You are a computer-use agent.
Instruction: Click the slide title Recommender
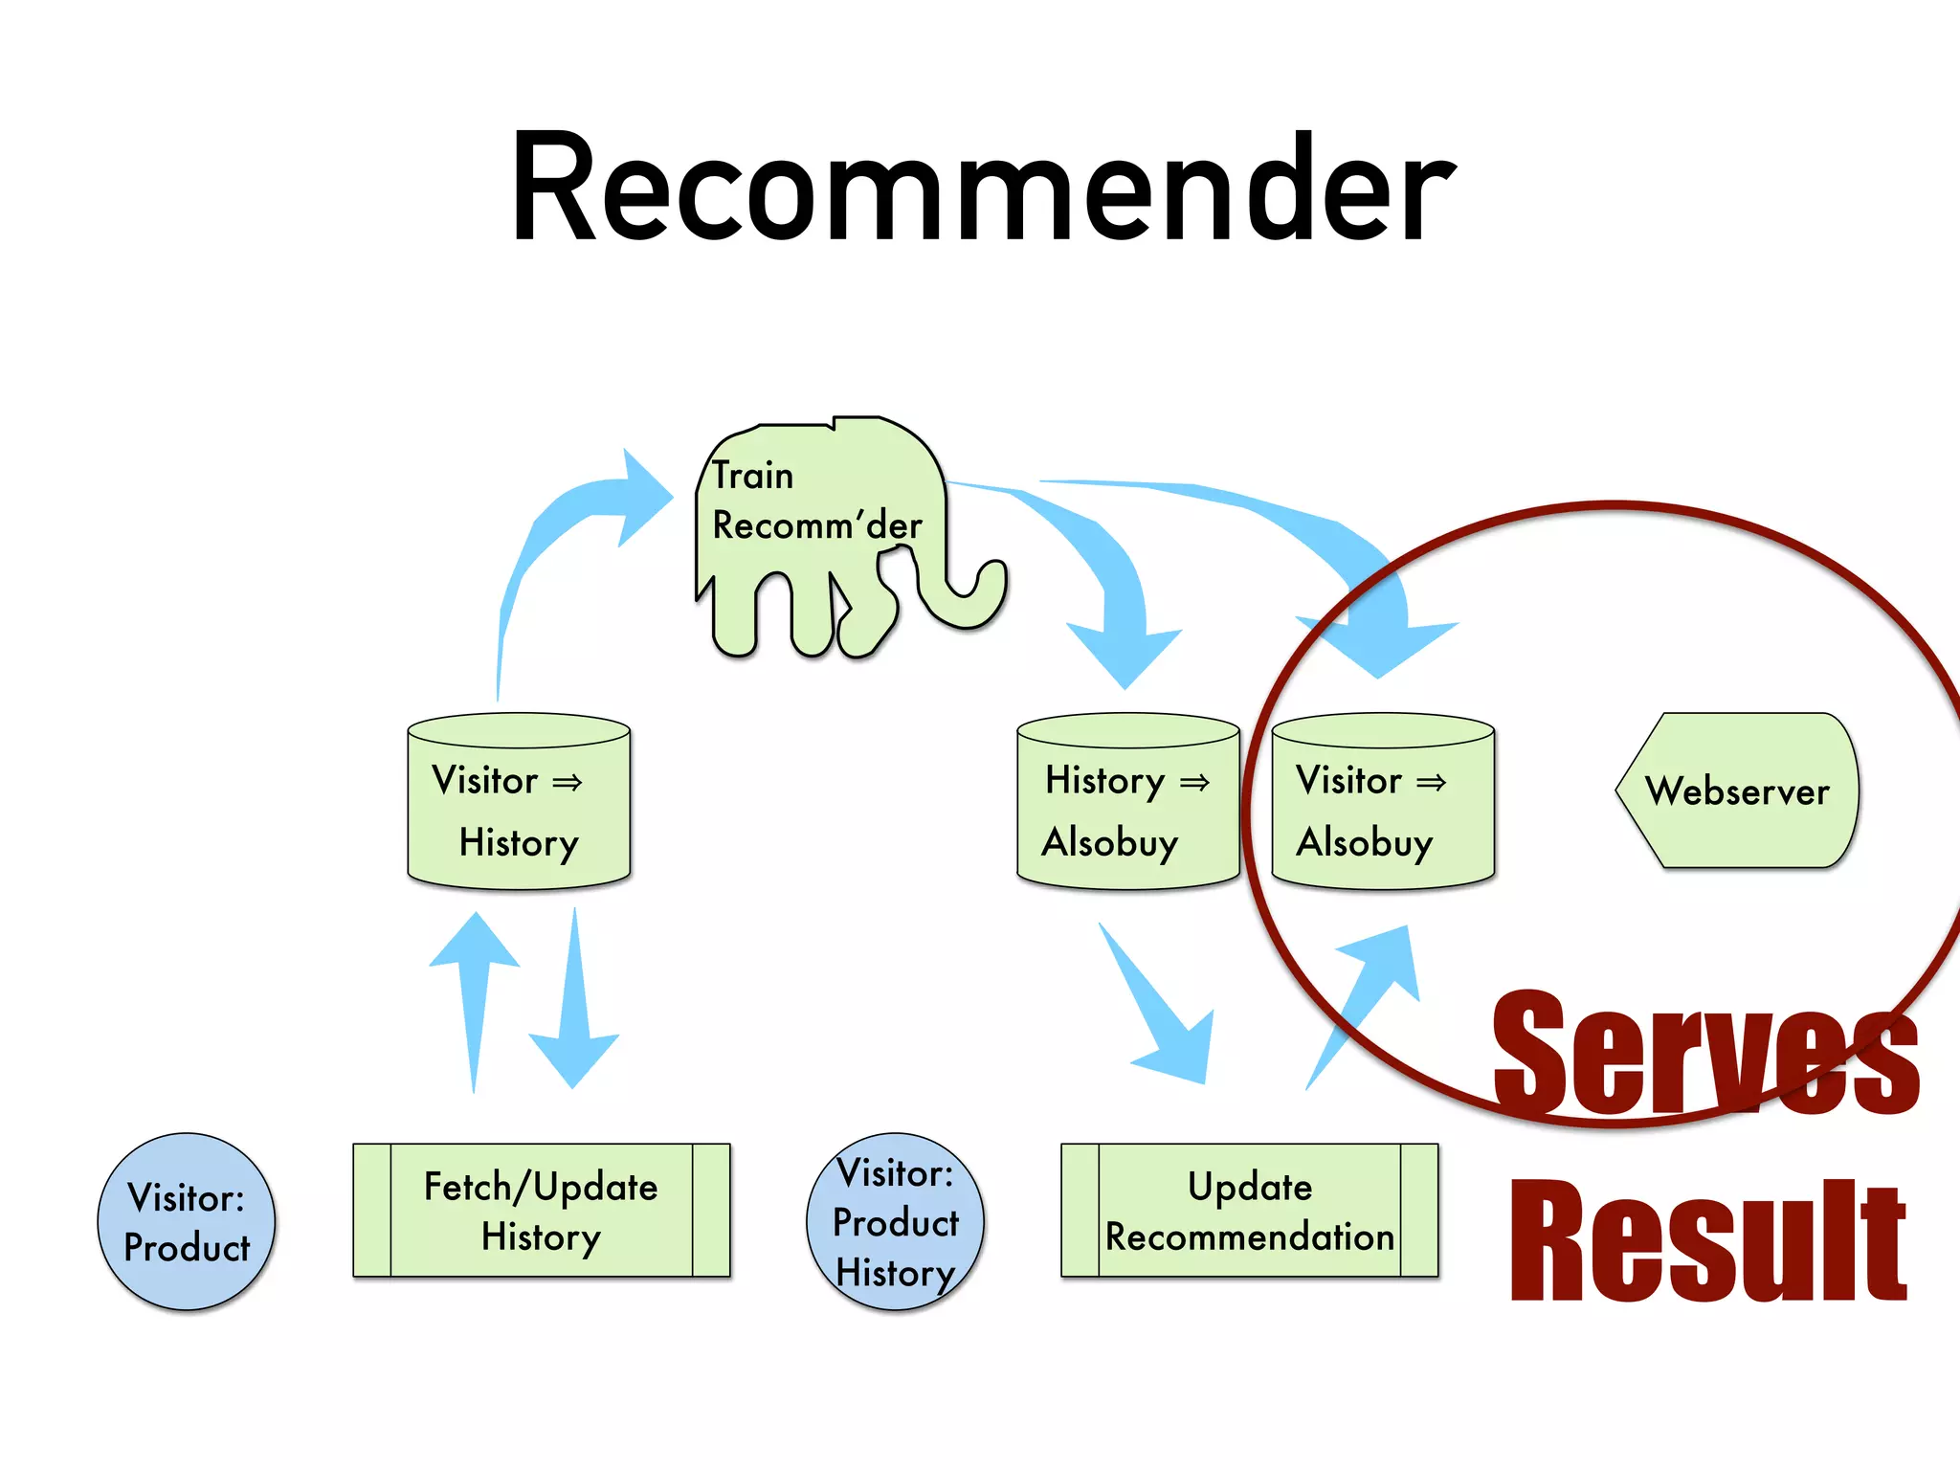click(982, 188)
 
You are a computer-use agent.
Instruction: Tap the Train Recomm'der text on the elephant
click(815, 501)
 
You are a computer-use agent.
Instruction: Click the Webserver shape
click(1737, 791)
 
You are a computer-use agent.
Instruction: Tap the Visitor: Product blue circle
click(187, 1222)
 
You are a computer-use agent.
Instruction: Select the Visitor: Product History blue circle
click(895, 1222)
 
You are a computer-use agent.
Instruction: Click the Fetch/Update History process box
click(541, 1211)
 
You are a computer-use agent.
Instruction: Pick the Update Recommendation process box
click(1249, 1211)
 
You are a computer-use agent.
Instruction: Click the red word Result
click(1708, 1241)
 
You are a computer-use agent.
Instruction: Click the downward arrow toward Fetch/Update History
click(574, 1014)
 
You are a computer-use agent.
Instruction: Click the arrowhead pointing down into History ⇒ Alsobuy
click(1125, 651)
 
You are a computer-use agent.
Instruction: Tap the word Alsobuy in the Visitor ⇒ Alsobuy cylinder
click(1365, 842)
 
